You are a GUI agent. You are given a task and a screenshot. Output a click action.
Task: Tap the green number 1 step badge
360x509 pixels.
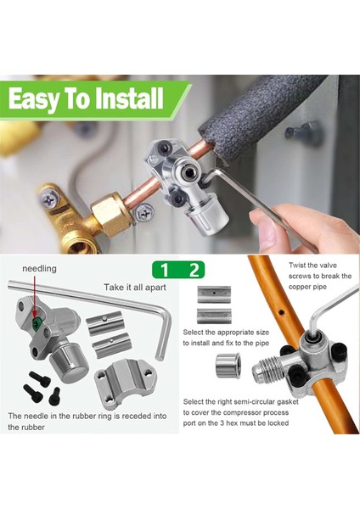click(165, 270)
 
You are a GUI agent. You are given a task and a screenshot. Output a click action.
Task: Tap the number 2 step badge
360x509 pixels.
click(194, 270)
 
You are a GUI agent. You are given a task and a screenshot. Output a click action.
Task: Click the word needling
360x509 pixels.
click(39, 269)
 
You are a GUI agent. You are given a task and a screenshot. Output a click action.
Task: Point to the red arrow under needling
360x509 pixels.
click(34, 296)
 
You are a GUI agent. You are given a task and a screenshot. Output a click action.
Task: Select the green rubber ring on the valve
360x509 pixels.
click(36, 322)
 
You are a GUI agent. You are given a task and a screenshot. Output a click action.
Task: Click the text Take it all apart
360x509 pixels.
click(135, 288)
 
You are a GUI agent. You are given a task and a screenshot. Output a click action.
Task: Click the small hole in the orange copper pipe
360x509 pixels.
click(281, 312)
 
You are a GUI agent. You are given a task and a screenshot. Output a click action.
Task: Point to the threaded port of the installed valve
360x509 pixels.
click(267, 368)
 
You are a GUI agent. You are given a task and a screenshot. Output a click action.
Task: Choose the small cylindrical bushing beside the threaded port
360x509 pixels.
click(228, 365)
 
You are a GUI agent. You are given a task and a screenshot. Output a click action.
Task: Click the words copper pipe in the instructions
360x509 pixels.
click(307, 287)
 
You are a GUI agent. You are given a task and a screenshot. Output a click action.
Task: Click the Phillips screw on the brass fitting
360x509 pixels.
click(48, 200)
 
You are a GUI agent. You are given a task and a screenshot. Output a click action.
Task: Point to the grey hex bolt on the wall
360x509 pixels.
click(303, 131)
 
